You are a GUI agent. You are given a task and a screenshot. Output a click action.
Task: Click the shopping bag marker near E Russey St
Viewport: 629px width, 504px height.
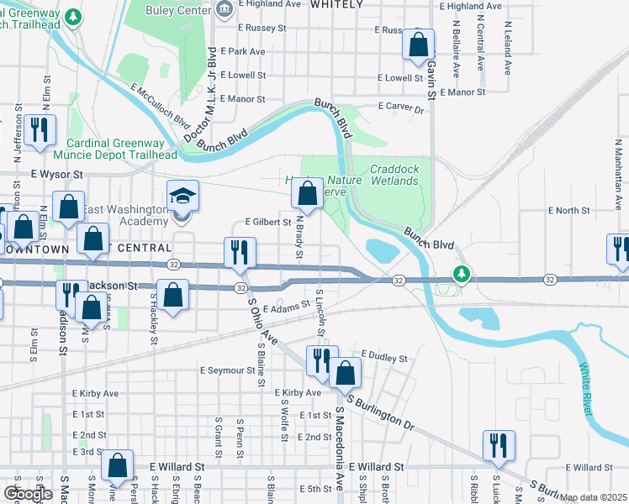418,46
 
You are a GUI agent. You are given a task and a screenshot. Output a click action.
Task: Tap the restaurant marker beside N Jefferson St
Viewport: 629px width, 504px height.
40,131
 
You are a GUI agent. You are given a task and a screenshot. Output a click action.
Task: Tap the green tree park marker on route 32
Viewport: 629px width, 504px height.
461,274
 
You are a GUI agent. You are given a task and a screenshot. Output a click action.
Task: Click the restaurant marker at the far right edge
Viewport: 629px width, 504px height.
619,250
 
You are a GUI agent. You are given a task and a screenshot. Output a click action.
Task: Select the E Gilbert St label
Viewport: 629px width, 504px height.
267,223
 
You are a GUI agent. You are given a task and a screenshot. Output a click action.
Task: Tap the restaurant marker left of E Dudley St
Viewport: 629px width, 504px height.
320,361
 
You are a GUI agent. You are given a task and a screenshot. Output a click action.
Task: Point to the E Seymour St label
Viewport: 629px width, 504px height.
227,370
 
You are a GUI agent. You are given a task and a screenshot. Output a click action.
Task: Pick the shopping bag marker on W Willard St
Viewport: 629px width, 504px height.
118,467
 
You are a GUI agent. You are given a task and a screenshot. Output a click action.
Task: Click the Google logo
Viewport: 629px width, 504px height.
28,494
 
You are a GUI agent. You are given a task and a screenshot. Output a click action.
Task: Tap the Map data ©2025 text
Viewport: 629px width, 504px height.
593,497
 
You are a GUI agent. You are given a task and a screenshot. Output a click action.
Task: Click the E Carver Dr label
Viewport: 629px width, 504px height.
404,107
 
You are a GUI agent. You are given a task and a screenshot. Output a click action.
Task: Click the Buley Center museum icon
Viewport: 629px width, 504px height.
225,10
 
